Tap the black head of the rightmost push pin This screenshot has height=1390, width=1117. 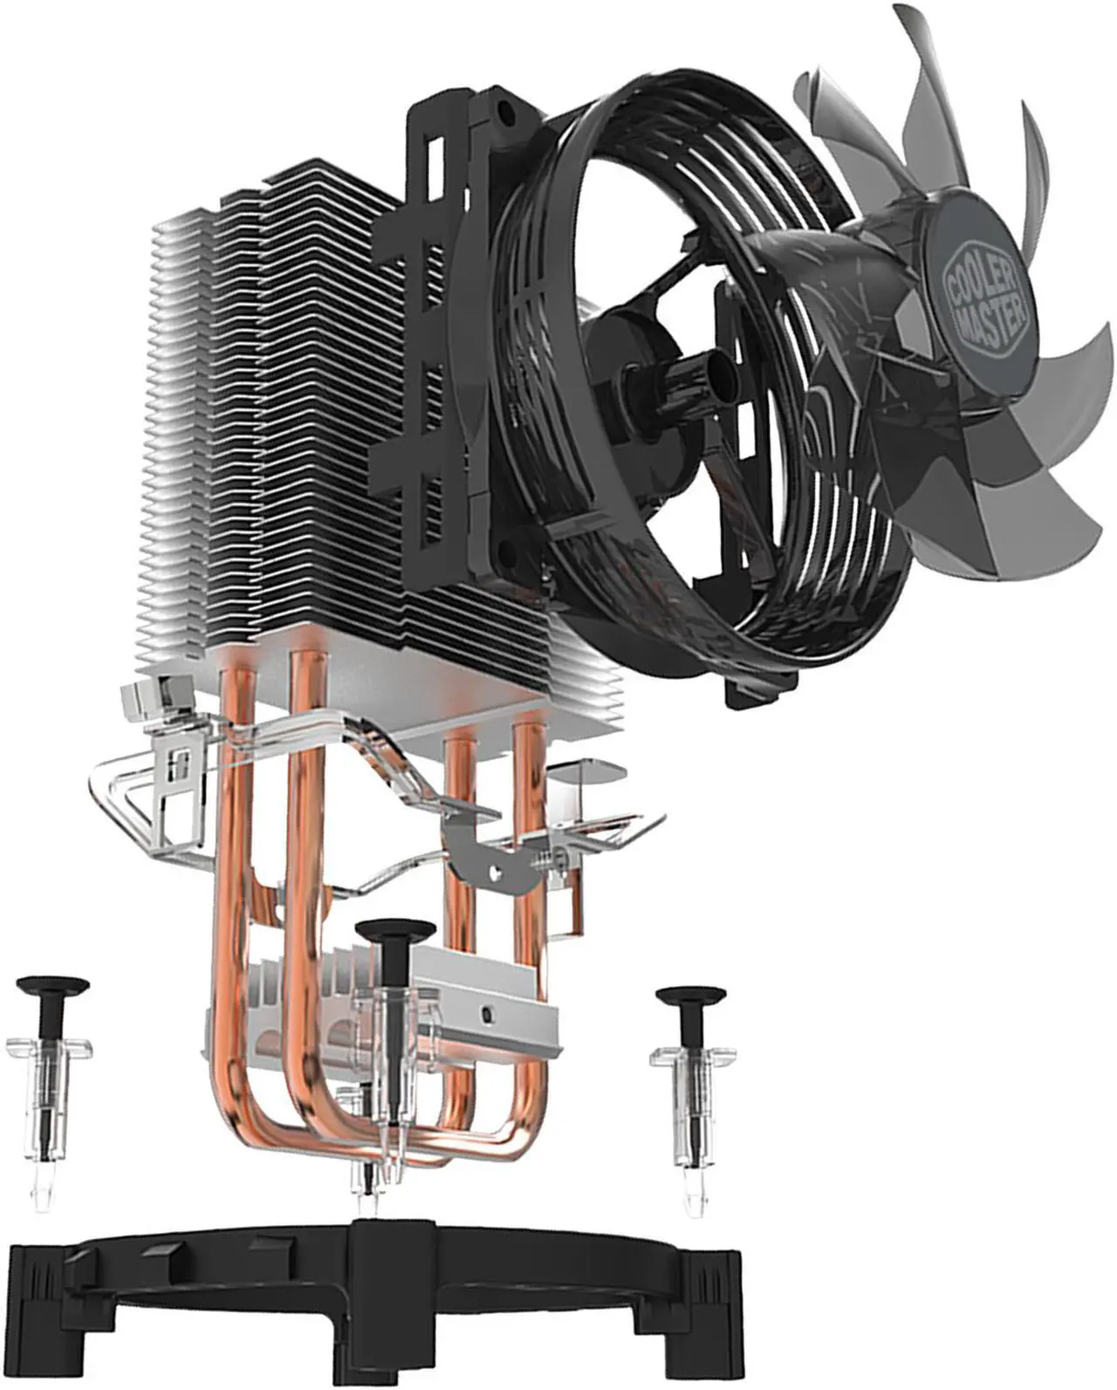pyautogui.click(x=695, y=996)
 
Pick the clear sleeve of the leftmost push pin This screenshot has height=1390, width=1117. pyautogui.click(x=45, y=1091)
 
